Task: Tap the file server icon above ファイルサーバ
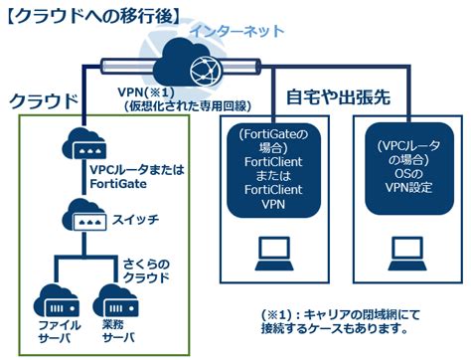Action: click(52, 297)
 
